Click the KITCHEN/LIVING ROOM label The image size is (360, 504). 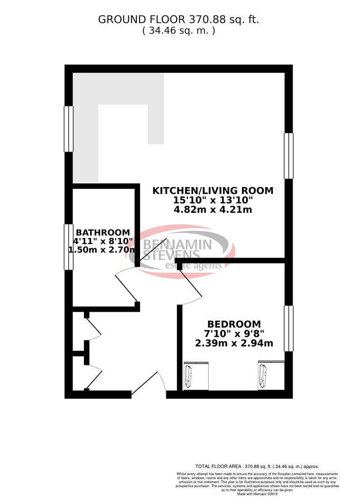(x=213, y=190)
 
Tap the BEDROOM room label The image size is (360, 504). (x=234, y=324)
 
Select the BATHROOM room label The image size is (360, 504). (x=102, y=232)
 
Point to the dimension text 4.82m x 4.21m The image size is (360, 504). (x=213, y=210)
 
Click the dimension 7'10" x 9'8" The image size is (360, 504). (x=234, y=334)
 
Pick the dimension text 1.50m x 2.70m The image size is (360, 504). (x=102, y=250)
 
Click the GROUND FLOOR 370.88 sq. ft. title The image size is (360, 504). (x=178, y=20)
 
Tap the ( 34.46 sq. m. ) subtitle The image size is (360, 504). (x=178, y=31)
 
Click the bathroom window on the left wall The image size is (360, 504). (x=69, y=247)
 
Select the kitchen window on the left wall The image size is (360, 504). (x=69, y=129)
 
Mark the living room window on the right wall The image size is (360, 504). (x=289, y=156)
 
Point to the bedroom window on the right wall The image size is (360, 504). (x=289, y=328)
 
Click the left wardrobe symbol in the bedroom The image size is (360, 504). (x=189, y=376)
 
